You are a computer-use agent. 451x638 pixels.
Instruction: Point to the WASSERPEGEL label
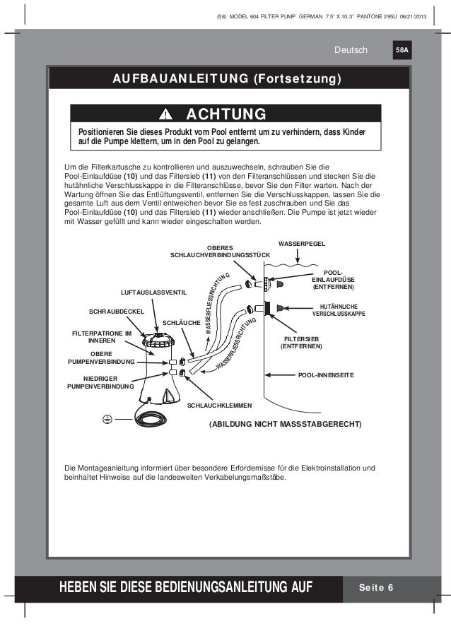[x=302, y=243]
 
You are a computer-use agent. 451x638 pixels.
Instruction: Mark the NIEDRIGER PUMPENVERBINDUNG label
[x=100, y=383]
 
